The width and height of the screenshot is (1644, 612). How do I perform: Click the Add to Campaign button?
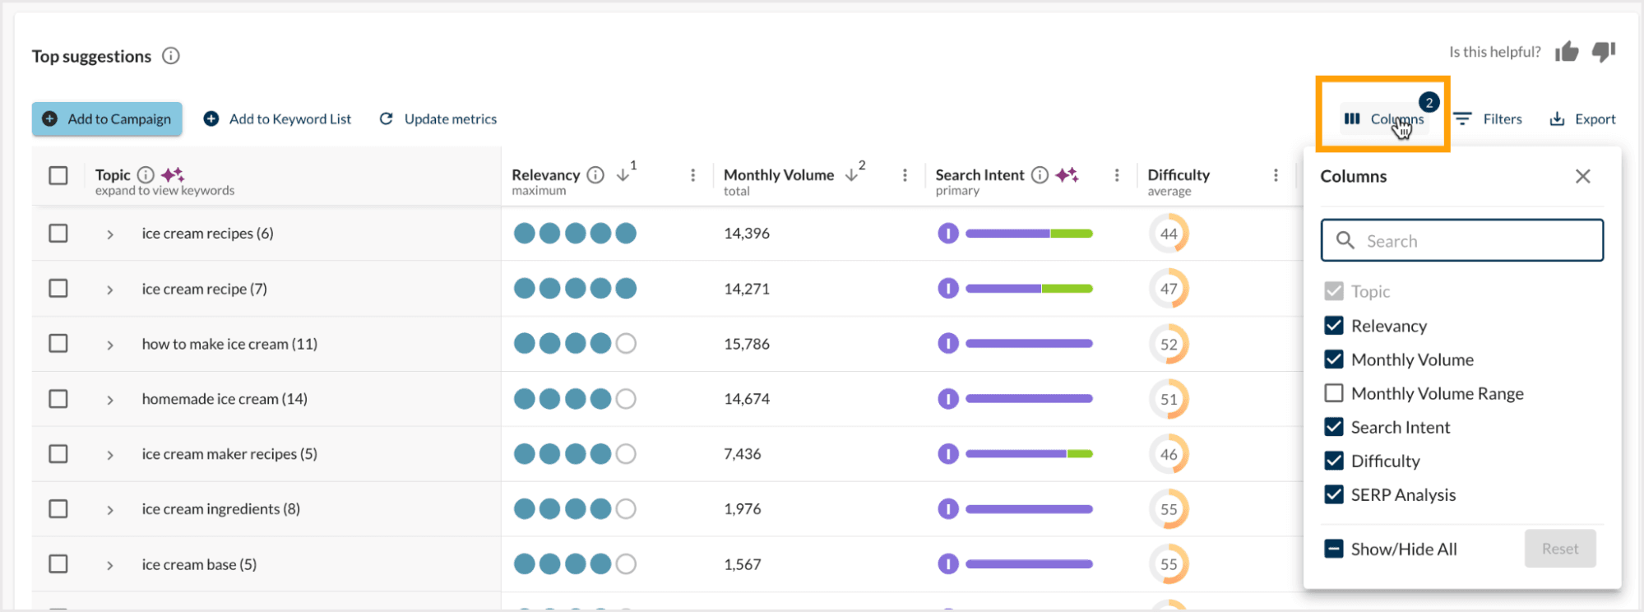click(107, 119)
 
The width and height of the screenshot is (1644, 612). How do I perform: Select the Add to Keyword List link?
click(278, 119)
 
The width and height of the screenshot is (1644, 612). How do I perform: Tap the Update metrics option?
click(438, 119)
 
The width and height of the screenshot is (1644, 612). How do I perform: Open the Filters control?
click(1488, 119)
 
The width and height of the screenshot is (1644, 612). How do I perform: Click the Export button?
click(1582, 119)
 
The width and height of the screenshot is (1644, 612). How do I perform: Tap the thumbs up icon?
click(1567, 53)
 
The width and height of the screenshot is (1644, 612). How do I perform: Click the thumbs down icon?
click(1604, 52)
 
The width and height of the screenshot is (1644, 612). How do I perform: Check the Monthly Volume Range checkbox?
click(1334, 393)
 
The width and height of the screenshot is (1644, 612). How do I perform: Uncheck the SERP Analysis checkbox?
click(1334, 494)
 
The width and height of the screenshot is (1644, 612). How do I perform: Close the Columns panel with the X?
click(1582, 176)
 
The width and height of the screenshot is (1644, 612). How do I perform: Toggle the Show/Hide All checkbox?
click(1334, 549)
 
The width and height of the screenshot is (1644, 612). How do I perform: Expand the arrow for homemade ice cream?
click(110, 400)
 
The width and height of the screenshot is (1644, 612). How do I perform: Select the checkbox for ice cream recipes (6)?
click(58, 234)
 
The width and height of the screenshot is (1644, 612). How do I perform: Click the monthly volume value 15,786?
click(747, 344)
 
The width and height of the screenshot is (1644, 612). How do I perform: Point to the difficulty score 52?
click(1169, 344)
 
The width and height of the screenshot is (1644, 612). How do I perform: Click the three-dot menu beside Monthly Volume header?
click(905, 175)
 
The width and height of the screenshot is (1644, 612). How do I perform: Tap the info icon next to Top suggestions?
click(171, 56)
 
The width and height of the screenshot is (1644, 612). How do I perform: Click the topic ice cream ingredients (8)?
click(220, 509)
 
